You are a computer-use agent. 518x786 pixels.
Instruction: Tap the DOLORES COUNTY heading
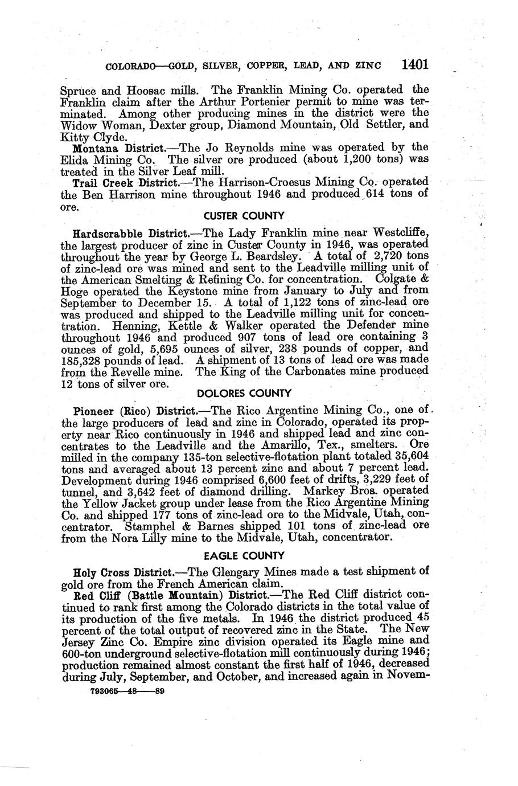click(244, 393)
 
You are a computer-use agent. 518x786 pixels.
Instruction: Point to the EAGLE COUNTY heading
click(244, 555)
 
